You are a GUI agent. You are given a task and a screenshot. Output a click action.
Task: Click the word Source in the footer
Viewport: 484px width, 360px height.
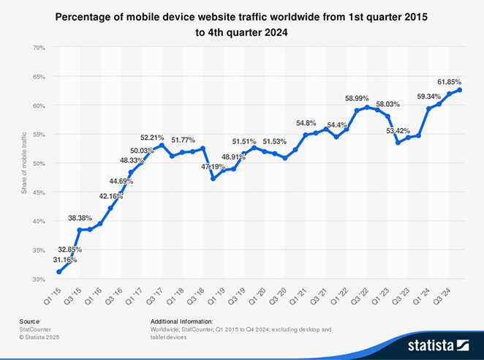pos(29,321)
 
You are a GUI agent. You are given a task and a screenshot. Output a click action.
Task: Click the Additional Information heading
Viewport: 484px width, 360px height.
pos(181,321)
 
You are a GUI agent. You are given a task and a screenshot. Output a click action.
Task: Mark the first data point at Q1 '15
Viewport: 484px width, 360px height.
pos(58,272)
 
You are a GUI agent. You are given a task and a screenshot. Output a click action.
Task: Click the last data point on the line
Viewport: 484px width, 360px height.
pos(459,90)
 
